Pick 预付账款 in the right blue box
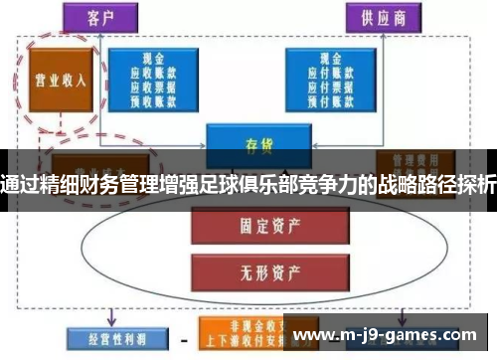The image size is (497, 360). click(x=330, y=100)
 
